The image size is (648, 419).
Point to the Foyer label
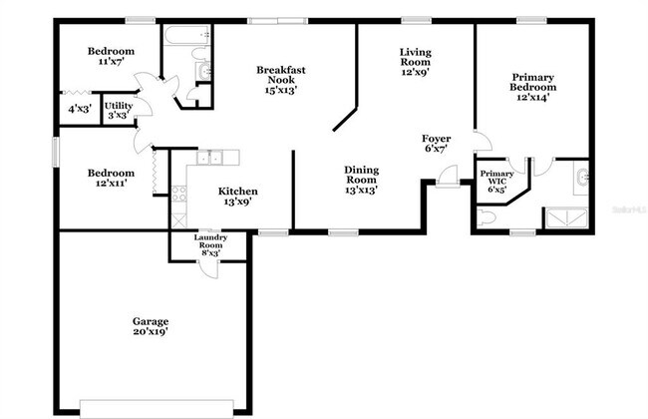(x=436, y=143)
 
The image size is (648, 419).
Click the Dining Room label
(x=362, y=179)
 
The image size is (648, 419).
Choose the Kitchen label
(x=238, y=196)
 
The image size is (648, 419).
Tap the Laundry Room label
(x=210, y=244)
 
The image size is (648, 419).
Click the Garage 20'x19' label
(x=151, y=326)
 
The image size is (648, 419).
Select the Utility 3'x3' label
(x=118, y=109)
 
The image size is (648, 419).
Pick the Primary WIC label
(x=496, y=180)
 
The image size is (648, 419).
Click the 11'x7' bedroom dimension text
(x=110, y=62)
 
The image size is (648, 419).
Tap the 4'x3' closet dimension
(x=78, y=109)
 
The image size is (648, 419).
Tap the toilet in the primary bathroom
(x=487, y=216)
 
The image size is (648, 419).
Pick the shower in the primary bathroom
(x=566, y=216)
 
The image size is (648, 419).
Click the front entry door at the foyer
(x=447, y=180)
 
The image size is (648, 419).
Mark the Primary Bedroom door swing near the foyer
(x=481, y=142)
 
